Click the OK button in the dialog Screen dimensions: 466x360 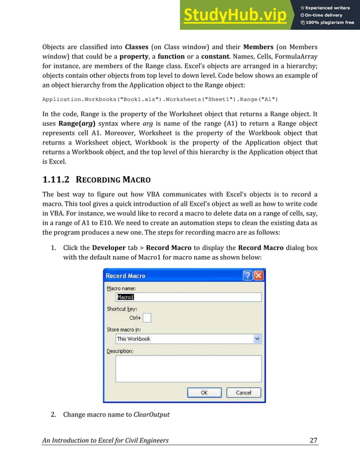pyautogui.click(x=204, y=392)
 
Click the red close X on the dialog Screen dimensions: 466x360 pyautogui.click(x=258, y=275)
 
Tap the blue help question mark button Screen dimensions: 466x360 pyautogui.click(x=247, y=275)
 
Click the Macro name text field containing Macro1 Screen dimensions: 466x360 pyautogui.click(x=188, y=297)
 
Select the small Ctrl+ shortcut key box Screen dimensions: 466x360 pyautogui.click(x=147, y=318)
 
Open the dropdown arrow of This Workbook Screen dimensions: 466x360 pyautogui.click(x=257, y=338)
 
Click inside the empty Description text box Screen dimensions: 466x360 pyautogui.click(x=188, y=368)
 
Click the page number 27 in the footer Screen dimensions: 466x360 pyautogui.click(x=313, y=439)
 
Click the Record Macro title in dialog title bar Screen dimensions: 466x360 pyautogui.click(x=125, y=275)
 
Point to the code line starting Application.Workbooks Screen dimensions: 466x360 pyautogui.click(x=160, y=100)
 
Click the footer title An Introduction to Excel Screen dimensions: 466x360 pyautogui.click(x=106, y=439)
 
